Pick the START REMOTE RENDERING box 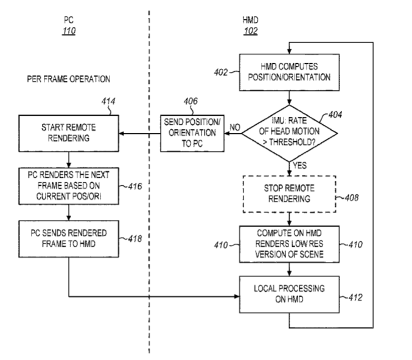(x=69, y=133)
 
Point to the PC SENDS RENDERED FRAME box (x=69, y=239)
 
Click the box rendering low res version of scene (x=290, y=244)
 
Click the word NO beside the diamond (x=234, y=127)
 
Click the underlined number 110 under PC (x=69, y=32)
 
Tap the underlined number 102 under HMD (x=251, y=32)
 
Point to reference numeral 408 (x=352, y=197)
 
